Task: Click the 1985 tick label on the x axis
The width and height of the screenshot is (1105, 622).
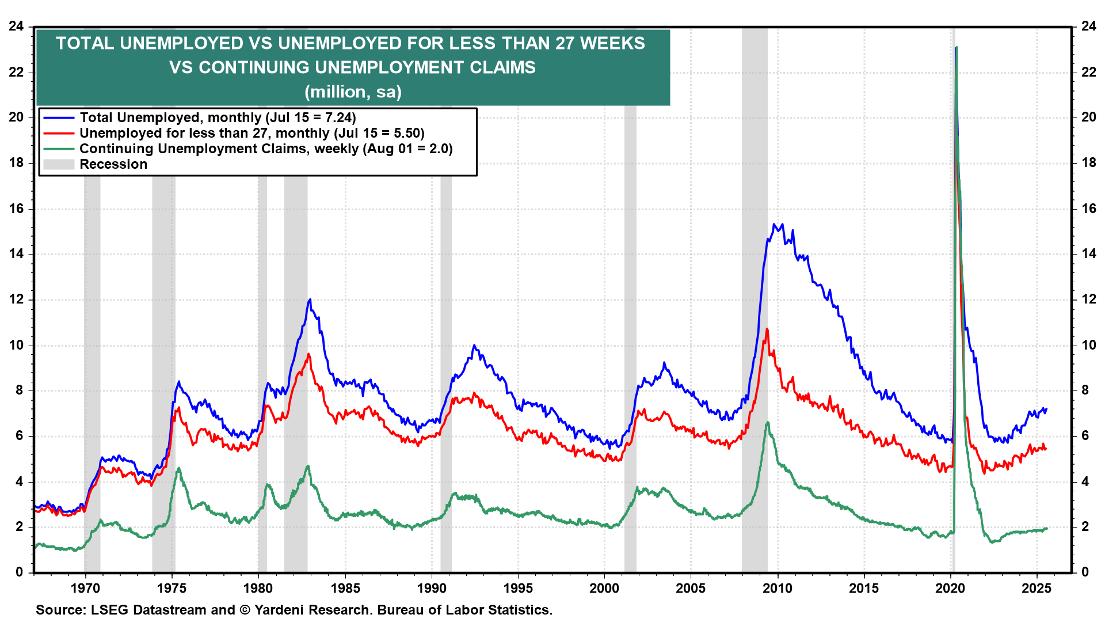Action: (345, 588)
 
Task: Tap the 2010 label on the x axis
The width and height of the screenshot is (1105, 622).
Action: (777, 588)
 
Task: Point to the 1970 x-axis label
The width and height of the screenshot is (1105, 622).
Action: (85, 588)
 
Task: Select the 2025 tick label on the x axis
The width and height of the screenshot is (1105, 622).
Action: (1036, 588)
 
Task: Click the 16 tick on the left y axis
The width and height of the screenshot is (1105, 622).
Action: (16, 208)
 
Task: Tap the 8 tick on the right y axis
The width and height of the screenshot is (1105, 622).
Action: (1085, 390)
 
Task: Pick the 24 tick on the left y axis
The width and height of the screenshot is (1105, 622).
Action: (16, 26)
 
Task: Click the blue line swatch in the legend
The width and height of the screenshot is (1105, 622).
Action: (59, 118)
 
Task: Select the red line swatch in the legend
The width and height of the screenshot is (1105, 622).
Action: (59, 134)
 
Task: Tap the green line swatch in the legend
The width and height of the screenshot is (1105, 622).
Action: (59, 149)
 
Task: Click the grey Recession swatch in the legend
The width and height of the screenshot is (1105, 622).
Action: (59, 165)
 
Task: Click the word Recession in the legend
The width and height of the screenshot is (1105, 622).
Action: (113, 165)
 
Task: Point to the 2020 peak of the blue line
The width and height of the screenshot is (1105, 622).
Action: (955, 48)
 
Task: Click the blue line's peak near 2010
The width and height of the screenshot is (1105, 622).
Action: (774, 225)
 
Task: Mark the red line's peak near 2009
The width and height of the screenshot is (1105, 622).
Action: (767, 329)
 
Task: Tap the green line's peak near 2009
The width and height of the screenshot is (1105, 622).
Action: (767, 422)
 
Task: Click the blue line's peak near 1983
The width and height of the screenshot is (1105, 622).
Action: (310, 299)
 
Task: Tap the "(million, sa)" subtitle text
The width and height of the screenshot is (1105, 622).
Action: (353, 92)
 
